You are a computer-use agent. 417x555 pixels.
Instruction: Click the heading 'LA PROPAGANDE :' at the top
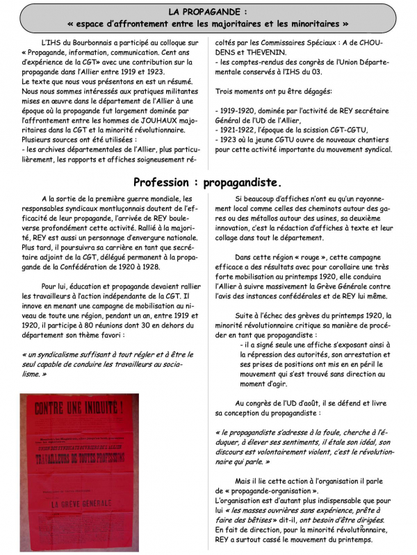208,12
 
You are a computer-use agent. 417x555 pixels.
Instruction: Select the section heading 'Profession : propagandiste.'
208,182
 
